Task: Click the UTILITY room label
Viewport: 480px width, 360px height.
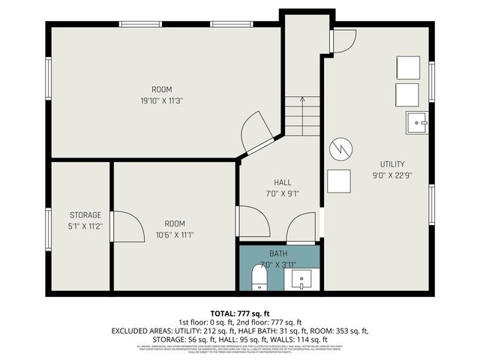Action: coord(392,164)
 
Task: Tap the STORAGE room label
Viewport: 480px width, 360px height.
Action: coord(85,215)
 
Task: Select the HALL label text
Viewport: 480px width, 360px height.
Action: coord(282,182)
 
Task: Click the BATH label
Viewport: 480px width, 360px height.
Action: coord(278,253)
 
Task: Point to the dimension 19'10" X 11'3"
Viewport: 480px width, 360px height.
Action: coord(161,100)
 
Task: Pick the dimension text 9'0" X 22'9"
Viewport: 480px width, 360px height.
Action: coord(392,176)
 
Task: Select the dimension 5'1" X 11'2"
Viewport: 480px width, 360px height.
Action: coord(85,226)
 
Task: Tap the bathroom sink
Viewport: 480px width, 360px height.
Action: coord(304,280)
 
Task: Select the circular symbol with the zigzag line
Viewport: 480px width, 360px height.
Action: coord(340,148)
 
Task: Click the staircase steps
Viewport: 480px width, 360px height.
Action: coord(303,118)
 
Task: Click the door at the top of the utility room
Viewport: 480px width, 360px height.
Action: coord(343,41)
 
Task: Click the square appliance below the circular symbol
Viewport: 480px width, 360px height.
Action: coord(339,182)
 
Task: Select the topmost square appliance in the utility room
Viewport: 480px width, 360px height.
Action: coord(409,68)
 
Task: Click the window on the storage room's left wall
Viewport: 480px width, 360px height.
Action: coord(48,229)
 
